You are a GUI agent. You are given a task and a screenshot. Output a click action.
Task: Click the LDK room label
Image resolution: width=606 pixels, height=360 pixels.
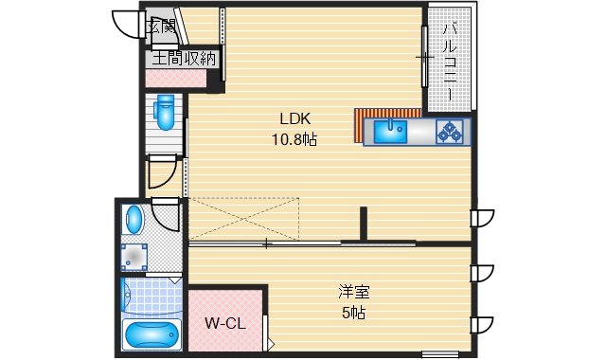pos(294,118)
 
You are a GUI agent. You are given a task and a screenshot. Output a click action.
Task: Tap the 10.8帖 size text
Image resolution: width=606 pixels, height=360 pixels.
pos(294,139)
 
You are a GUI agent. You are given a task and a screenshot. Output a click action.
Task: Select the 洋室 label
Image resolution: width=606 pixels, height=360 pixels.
pos(353,292)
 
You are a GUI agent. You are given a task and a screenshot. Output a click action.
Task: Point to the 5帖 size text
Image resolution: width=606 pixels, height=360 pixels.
pos(353,313)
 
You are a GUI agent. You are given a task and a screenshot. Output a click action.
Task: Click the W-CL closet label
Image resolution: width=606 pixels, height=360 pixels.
pos(225,323)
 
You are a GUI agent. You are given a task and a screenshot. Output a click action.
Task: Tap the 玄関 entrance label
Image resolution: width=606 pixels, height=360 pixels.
pos(162,27)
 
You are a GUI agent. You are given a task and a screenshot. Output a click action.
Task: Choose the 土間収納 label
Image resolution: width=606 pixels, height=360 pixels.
pos(184,59)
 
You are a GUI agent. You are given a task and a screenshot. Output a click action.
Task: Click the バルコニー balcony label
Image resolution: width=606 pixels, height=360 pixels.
pos(450,62)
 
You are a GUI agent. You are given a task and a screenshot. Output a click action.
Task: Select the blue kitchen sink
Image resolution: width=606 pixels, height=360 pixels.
pos(390,131)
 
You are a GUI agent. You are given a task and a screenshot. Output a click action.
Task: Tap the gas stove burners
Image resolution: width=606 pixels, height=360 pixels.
pos(450,132)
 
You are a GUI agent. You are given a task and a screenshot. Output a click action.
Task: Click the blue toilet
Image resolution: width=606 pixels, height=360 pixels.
pos(165,112)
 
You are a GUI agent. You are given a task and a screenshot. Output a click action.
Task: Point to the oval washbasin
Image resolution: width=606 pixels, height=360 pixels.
pos(134,220)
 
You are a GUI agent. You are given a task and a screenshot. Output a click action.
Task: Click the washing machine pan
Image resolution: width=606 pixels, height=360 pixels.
pos(134,257)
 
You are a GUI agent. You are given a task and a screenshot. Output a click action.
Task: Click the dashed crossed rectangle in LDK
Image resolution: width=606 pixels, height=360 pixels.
pos(244,219)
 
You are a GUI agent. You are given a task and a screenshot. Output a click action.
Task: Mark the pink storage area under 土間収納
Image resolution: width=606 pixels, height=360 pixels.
pos(176,79)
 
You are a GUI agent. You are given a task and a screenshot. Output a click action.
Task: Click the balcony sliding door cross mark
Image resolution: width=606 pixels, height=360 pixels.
pos(425,57)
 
